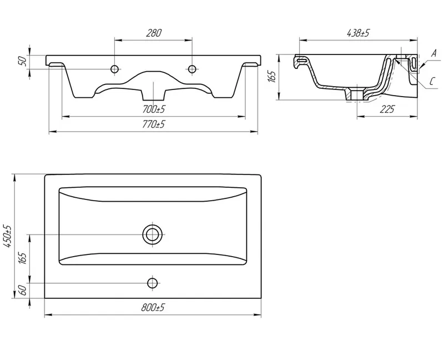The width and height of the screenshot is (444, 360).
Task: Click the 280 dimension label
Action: point(154,33)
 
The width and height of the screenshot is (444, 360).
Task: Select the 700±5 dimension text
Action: point(154,109)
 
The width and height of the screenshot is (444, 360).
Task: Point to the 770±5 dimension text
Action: point(154,124)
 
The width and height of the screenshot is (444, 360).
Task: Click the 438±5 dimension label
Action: point(358,33)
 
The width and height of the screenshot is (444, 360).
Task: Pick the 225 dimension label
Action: point(387,109)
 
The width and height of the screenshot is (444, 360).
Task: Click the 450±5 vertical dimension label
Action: point(7,236)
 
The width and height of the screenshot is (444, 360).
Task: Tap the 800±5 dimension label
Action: point(153,307)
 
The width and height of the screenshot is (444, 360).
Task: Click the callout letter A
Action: point(434,53)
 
